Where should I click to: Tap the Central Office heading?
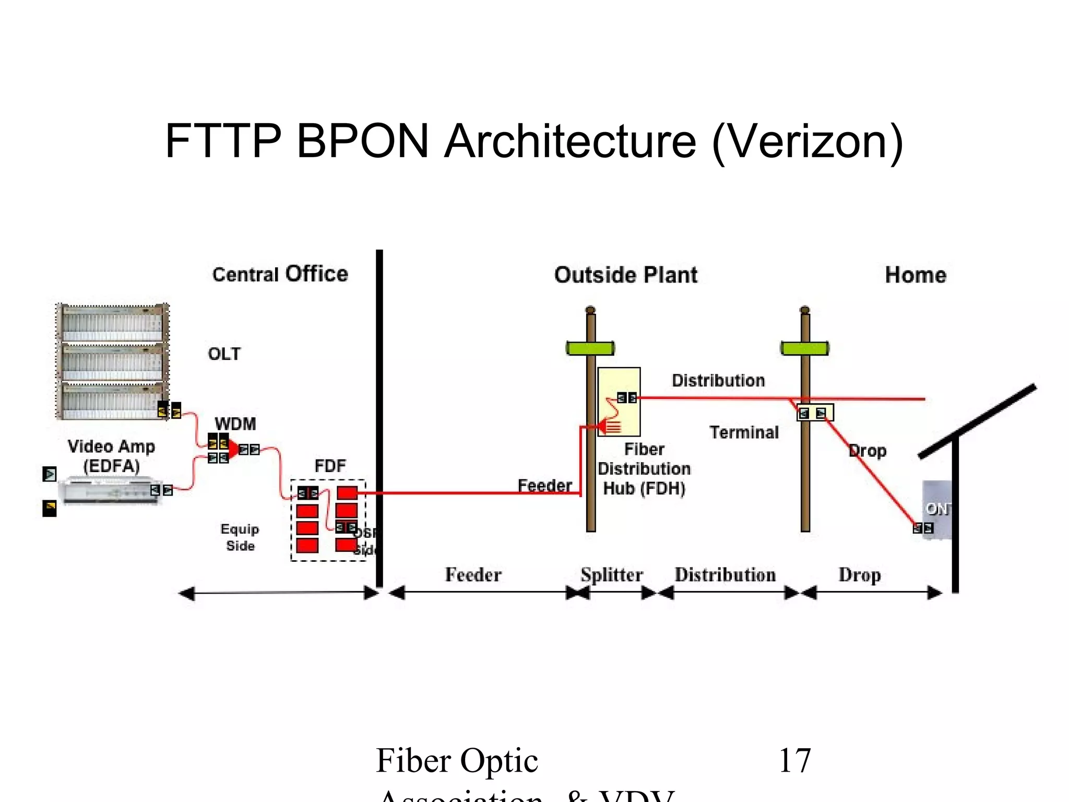tap(280, 274)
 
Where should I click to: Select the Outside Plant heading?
tap(625, 275)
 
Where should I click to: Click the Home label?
tap(916, 275)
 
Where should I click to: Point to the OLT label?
tap(224, 354)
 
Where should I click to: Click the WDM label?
tap(235, 423)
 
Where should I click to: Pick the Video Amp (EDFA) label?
tap(111, 456)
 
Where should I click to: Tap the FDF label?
tap(330, 465)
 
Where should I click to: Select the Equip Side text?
tap(240, 537)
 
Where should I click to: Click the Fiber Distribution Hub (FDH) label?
tap(644, 469)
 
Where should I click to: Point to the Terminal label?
tap(744, 432)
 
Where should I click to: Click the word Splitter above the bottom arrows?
tap(612, 575)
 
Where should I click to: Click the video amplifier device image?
tap(111, 491)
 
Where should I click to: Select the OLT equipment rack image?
tap(112, 361)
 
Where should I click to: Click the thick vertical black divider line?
tap(379, 418)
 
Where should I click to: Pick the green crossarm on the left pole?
tap(590, 348)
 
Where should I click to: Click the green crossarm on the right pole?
tap(805, 348)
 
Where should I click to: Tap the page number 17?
tap(794, 761)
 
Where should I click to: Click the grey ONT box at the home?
tap(937, 509)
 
